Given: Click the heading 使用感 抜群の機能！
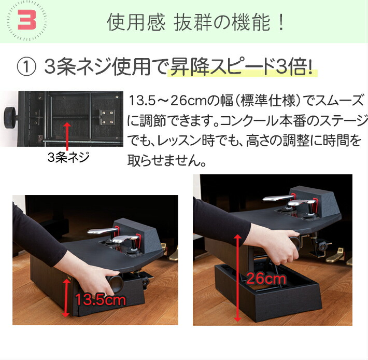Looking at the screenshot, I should [x=195, y=23].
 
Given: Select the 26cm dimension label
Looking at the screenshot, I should [x=266, y=279].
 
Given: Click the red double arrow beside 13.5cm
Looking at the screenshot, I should [x=66, y=297].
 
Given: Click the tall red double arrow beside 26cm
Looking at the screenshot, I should [x=237, y=278].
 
